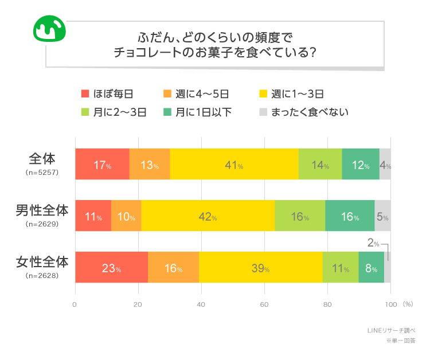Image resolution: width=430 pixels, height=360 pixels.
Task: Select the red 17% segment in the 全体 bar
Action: [102, 164]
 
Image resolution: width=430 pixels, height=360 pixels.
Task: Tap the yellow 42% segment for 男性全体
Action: [208, 216]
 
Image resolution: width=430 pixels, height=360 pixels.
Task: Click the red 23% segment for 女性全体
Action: [111, 267]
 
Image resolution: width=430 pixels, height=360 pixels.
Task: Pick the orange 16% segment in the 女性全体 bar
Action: [173, 267]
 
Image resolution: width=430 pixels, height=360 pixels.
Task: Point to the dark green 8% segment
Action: [371, 267]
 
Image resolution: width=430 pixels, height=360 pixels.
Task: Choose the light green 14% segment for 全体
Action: [320, 164]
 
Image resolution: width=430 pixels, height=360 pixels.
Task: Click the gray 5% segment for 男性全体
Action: [382, 216]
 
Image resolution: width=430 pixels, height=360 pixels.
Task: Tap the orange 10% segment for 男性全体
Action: [126, 216]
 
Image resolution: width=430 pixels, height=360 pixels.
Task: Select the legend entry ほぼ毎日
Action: [107, 94]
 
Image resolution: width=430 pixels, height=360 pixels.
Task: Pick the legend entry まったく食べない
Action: [304, 112]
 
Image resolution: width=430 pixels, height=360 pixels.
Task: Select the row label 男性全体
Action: [42, 211]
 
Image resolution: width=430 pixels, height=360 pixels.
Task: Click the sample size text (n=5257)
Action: [42, 172]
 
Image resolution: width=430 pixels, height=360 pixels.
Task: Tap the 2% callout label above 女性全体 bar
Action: [373, 243]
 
